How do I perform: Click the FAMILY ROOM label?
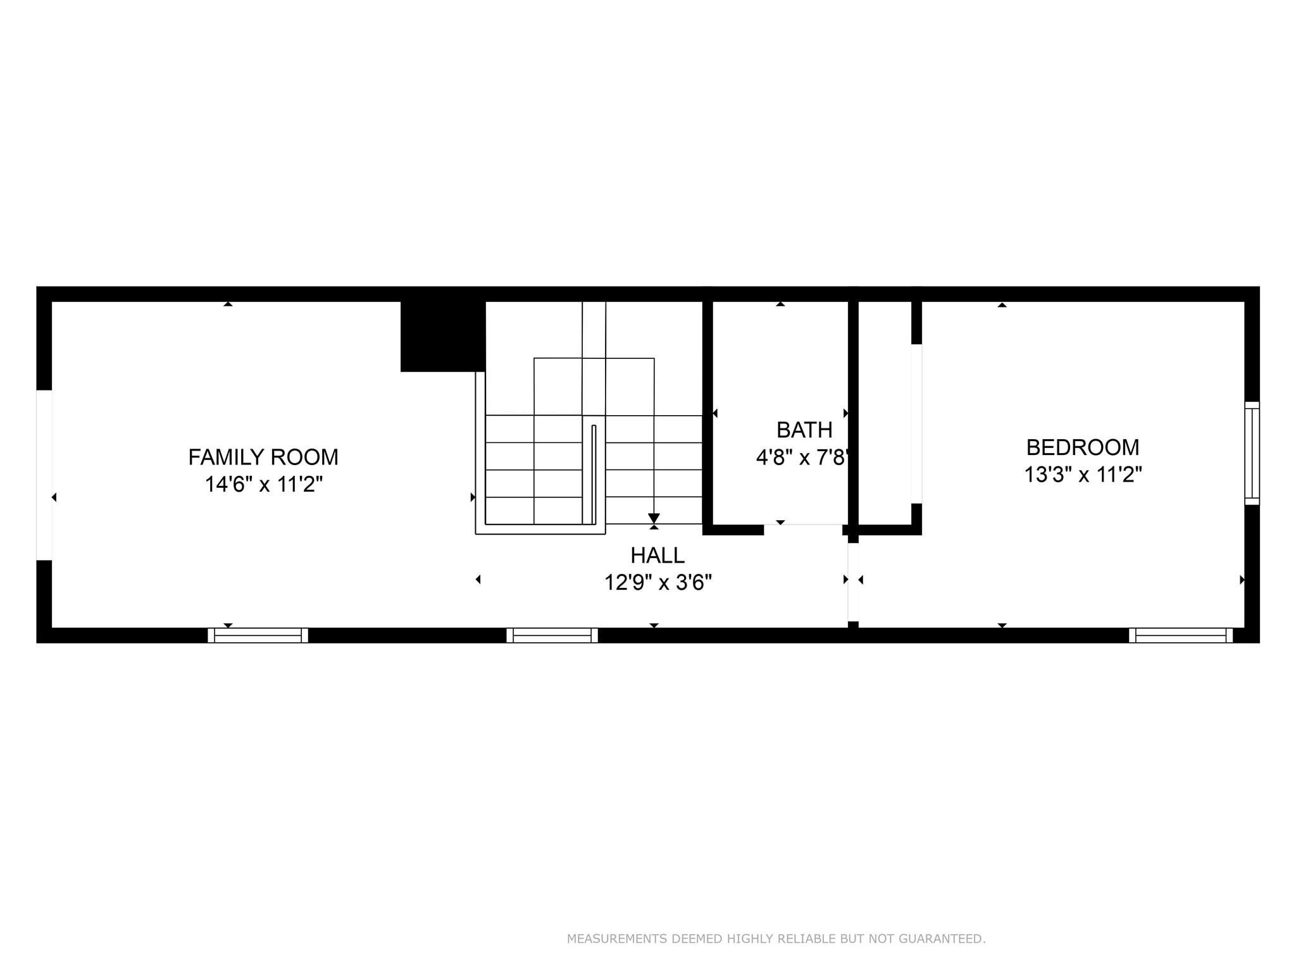pos(263,457)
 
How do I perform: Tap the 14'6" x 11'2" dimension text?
pos(263,485)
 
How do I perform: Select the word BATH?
pos(804,430)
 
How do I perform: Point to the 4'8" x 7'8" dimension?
pos(802,458)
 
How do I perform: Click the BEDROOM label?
pos(1083,447)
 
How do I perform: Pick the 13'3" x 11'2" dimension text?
pos(1083,475)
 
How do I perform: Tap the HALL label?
pos(657,556)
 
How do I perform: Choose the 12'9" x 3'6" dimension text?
pos(658,583)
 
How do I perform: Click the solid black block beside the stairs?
pos(443,337)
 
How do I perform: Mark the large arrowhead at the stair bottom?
pos(654,518)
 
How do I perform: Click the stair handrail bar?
pos(594,474)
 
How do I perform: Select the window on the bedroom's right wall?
pos(1252,453)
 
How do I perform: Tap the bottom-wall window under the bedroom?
pos(1181,635)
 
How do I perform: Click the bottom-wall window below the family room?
pos(258,635)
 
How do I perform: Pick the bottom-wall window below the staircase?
pos(552,635)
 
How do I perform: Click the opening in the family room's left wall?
pos(44,475)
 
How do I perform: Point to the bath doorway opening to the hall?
pos(803,530)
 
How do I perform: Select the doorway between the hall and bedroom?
pos(853,582)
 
